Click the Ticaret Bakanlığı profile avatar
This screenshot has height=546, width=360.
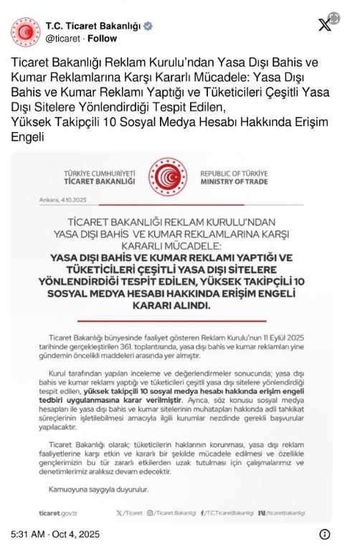pyautogui.click(x=26, y=32)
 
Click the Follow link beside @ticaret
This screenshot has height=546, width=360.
pyautogui.click(x=102, y=39)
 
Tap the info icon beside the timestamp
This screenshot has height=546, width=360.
pyautogui.click(x=324, y=534)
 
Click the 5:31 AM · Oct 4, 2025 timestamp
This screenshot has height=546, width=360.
pyautogui.click(x=55, y=535)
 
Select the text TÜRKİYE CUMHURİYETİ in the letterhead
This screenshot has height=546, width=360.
pyautogui.click(x=100, y=174)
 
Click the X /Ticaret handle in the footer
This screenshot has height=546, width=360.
pyautogui.click(x=129, y=512)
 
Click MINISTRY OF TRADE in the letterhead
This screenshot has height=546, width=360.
pyautogui.click(x=234, y=182)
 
